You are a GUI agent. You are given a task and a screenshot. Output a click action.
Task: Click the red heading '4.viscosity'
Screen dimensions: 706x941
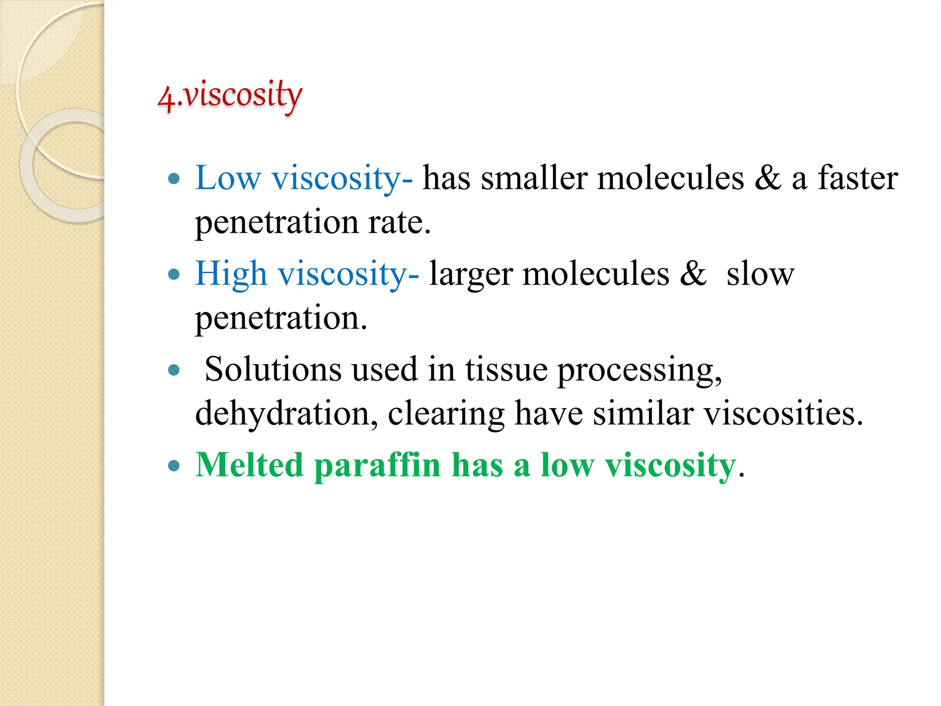[x=230, y=96]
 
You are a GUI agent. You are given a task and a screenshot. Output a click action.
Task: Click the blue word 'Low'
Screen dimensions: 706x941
[x=228, y=178]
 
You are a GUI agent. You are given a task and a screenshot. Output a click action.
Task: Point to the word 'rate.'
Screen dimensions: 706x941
[x=399, y=222]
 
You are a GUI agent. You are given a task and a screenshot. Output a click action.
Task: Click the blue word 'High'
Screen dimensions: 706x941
[x=231, y=274]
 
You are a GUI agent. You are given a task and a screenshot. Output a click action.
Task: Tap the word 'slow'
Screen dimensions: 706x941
[x=760, y=274]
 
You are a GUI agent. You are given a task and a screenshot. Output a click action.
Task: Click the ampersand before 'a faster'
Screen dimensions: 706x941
[x=767, y=178]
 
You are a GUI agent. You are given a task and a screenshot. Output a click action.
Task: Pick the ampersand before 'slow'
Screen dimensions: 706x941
[x=693, y=274]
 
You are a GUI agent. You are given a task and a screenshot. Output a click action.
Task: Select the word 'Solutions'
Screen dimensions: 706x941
[x=273, y=369]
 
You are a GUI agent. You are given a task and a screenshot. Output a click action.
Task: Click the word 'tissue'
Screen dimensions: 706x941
[x=506, y=369]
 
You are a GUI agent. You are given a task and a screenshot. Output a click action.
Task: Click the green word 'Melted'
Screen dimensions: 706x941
[x=249, y=465]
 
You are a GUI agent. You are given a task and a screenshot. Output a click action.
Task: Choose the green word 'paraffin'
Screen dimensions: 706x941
[x=377, y=466]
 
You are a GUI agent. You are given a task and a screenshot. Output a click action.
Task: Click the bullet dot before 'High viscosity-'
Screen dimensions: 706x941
[x=174, y=275]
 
